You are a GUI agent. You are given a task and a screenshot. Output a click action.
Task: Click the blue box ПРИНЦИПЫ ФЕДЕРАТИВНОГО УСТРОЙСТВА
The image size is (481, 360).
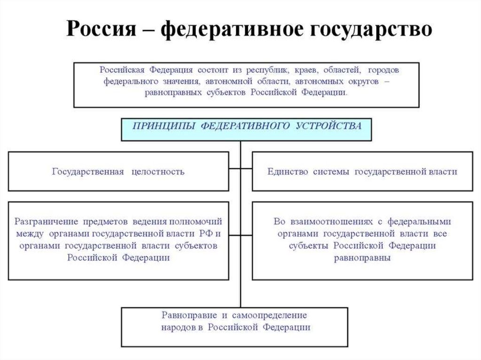pos(247,130)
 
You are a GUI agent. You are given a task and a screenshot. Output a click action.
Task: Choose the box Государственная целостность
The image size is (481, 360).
pos(118,171)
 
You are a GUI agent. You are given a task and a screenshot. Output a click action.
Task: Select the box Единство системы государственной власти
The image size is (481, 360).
pos(362,171)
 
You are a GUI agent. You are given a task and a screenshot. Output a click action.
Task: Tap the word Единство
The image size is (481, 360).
pos(287,171)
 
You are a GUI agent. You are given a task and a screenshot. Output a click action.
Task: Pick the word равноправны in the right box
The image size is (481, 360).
pos(362,258)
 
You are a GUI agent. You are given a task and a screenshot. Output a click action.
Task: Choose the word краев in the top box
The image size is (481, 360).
pos(306,70)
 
